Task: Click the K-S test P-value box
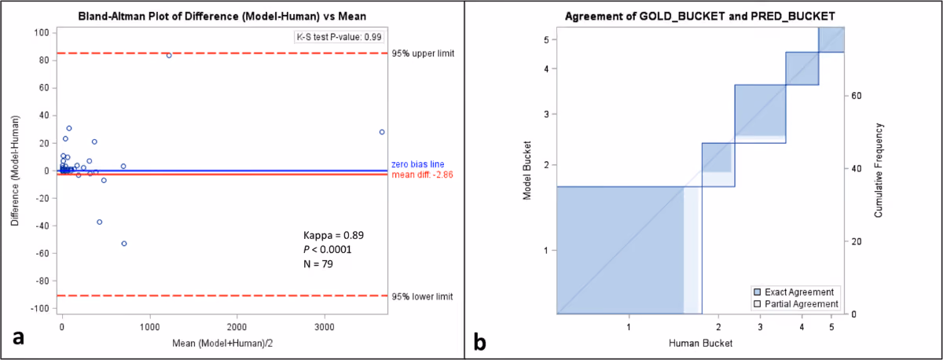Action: (x=339, y=37)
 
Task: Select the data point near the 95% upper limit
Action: (x=169, y=56)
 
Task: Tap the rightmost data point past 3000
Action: (x=382, y=132)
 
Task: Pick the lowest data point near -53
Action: (x=124, y=244)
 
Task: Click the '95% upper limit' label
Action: (x=423, y=54)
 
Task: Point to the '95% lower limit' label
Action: (x=422, y=297)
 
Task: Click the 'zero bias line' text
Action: (x=417, y=164)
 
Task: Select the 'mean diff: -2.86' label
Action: (x=422, y=174)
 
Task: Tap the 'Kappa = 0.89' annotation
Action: (x=333, y=235)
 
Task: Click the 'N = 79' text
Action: (x=317, y=264)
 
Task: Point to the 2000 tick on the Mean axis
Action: (x=237, y=327)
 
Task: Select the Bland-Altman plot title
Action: (x=222, y=17)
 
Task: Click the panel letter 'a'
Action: (x=18, y=337)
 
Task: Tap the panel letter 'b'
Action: (x=479, y=341)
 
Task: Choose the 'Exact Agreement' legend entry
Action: (x=793, y=292)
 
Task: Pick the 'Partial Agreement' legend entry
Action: (x=795, y=304)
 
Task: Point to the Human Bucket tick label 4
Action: (x=802, y=327)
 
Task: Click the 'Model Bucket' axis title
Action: (x=527, y=170)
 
